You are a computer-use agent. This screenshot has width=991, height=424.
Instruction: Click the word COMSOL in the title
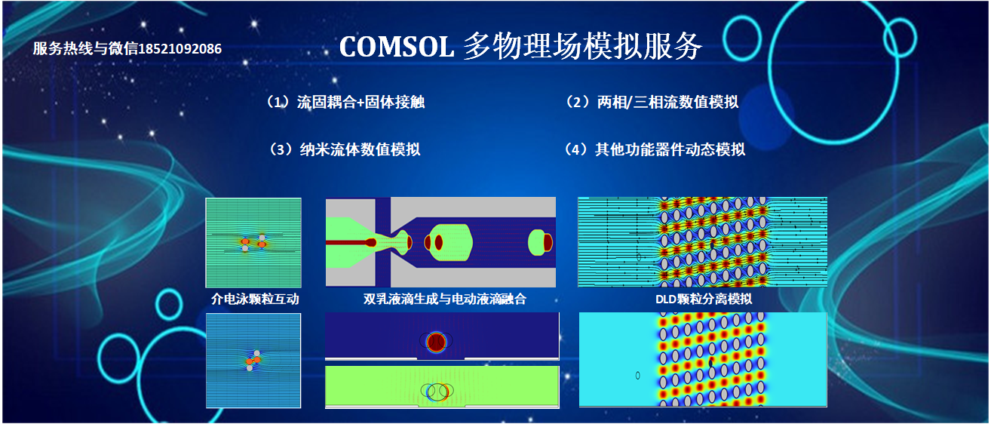tap(397, 47)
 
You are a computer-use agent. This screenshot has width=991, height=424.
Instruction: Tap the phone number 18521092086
tap(180, 49)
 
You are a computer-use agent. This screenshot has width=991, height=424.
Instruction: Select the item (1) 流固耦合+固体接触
tap(345, 103)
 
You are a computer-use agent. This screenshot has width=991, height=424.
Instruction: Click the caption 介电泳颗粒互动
tap(255, 300)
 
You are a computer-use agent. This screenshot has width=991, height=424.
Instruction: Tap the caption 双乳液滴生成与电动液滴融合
tap(445, 300)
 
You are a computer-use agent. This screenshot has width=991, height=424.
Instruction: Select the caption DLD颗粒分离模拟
tap(704, 300)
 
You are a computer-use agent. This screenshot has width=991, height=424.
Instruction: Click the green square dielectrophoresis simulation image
tap(253, 242)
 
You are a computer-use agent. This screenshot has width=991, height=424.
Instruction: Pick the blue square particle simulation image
tap(253, 361)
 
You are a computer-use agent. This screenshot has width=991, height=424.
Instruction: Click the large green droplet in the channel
tap(448, 242)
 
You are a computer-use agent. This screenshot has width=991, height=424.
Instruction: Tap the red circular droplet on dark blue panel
tap(436, 342)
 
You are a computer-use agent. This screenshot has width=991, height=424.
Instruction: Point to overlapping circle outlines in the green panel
tap(437, 392)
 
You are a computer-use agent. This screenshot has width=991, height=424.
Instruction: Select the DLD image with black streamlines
tap(703, 242)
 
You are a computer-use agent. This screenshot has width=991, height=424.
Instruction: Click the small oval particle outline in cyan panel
tap(637, 375)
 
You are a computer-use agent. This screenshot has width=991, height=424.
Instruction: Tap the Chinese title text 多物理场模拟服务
tap(582, 47)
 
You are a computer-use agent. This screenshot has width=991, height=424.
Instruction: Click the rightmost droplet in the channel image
tap(541, 242)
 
